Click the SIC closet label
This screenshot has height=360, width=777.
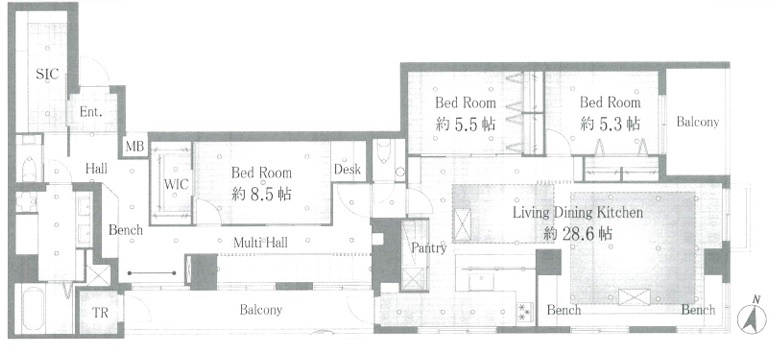click(48, 74)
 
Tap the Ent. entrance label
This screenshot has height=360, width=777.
click(91, 112)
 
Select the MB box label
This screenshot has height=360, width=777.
click(135, 147)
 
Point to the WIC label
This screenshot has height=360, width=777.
click(176, 184)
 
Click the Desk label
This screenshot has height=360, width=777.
click(347, 170)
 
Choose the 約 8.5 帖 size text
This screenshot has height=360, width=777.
click(261, 193)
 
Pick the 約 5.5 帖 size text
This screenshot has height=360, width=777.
click(465, 123)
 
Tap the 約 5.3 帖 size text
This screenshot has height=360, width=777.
click(610, 123)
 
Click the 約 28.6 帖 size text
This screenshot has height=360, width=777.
click(577, 233)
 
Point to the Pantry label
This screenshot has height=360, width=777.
click(429, 248)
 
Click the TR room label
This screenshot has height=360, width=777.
click(100, 314)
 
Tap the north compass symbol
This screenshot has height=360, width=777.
click(751, 316)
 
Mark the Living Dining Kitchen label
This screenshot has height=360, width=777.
click(577, 213)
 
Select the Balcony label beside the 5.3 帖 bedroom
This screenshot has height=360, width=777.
click(697, 122)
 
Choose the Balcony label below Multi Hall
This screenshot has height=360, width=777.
click(261, 310)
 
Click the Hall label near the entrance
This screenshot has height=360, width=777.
click(96, 169)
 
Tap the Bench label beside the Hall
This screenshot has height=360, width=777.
click(125, 230)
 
